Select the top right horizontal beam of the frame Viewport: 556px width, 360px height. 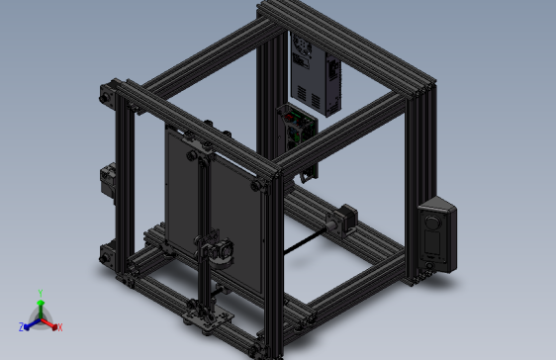[x=346, y=40]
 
